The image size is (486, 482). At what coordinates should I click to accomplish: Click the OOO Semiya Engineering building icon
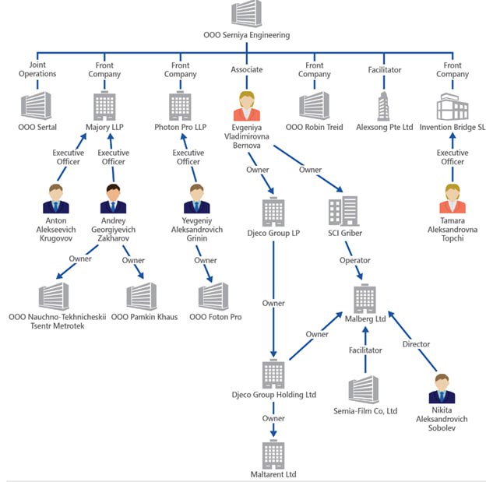click(246, 15)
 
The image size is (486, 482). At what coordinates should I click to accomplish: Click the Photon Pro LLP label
click(180, 127)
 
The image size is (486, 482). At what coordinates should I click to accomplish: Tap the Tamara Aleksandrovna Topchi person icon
click(452, 199)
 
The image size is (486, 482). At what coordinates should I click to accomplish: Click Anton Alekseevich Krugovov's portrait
click(56, 199)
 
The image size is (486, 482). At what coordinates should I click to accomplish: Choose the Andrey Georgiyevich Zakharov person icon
click(113, 199)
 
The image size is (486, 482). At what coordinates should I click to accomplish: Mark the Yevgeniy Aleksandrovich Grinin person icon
click(196, 199)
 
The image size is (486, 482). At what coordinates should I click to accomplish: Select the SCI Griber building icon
click(343, 211)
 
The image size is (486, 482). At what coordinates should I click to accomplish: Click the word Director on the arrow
click(416, 344)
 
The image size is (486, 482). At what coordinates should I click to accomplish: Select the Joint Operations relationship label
click(37, 69)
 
